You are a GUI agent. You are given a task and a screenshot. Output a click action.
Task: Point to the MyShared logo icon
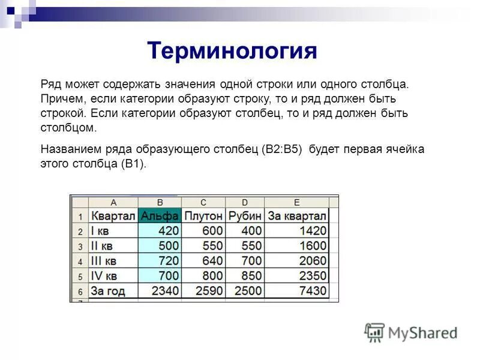coord(375,332)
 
